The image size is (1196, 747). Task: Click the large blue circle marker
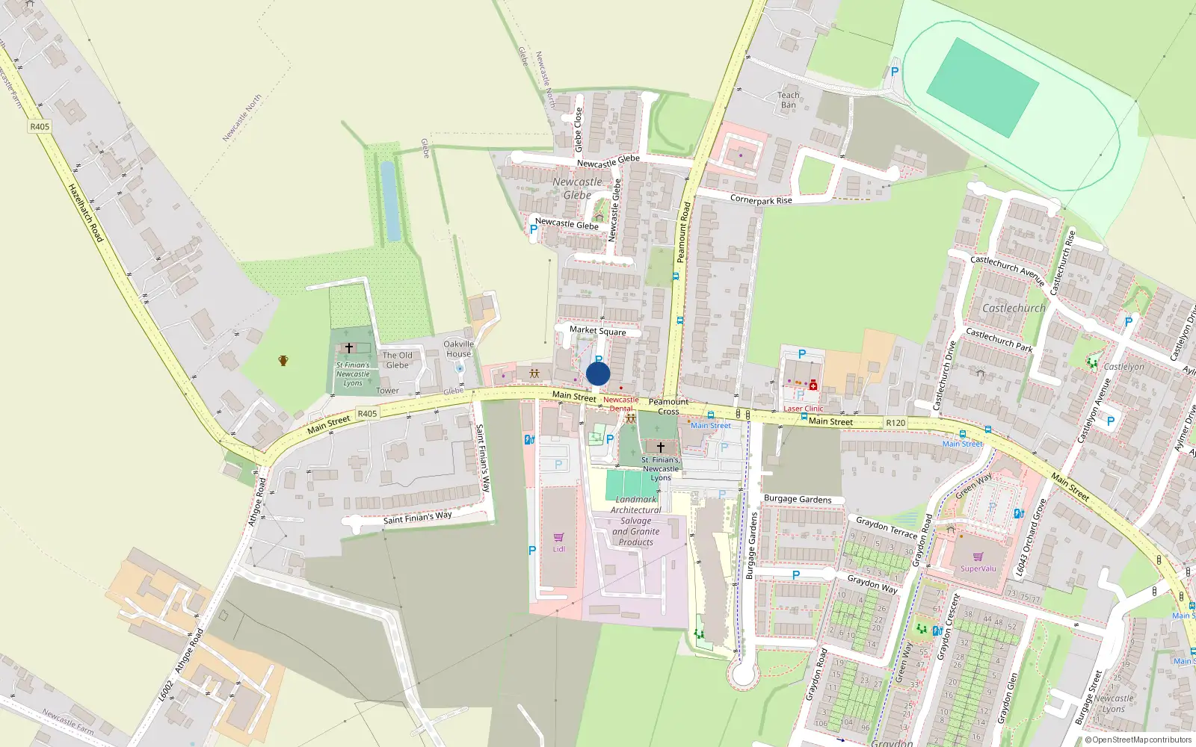click(598, 373)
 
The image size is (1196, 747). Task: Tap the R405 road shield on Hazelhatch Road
click(40, 126)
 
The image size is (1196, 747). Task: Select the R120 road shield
click(896, 423)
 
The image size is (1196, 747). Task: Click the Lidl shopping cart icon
click(558, 538)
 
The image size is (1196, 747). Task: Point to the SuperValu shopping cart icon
click(978, 557)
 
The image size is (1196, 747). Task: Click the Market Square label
click(597, 330)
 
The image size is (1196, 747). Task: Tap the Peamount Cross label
click(668, 406)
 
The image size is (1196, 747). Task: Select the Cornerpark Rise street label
click(760, 199)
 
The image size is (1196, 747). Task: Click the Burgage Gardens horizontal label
click(797, 499)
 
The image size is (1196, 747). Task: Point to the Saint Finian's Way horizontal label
click(417, 518)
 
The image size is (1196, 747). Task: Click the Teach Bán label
click(789, 100)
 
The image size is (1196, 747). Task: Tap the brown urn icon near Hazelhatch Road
click(283, 361)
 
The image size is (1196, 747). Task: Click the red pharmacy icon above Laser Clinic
click(813, 385)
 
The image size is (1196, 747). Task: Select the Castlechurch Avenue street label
click(1006, 270)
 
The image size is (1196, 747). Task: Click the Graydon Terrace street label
click(886, 527)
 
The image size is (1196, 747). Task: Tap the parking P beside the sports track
click(894, 72)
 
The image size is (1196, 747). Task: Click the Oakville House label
click(458, 349)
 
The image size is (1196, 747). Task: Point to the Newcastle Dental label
click(620, 404)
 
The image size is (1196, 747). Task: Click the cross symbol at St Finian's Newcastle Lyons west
click(349, 348)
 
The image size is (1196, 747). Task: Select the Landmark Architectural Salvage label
click(635, 521)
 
